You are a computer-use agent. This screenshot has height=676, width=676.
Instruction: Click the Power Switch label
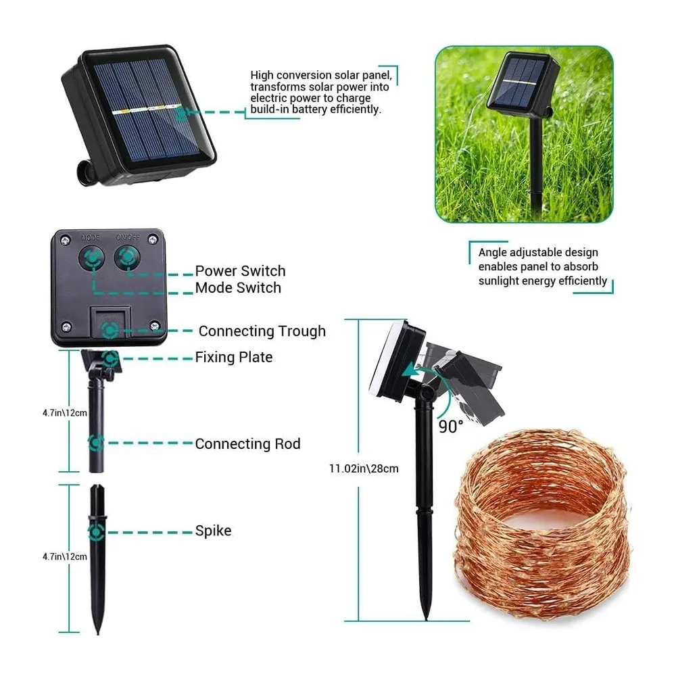coord(240,271)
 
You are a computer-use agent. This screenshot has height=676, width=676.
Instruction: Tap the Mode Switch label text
coord(238,287)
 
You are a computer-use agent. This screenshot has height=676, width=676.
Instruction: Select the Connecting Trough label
coord(262,331)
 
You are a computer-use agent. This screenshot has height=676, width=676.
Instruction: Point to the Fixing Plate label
coord(234,357)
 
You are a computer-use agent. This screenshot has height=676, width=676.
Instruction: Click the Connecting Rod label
coord(247,443)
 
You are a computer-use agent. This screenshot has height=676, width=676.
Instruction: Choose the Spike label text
coord(213,531)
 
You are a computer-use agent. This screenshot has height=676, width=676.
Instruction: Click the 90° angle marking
coord(451,427)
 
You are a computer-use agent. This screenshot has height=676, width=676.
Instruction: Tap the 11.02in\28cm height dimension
coord(364,468)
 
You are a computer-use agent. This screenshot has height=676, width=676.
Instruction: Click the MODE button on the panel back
coord(91,258)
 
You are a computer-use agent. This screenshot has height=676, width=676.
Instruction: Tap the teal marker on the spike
coord(96,533)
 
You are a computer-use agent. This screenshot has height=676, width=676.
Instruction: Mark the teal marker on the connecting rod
coord(96,443)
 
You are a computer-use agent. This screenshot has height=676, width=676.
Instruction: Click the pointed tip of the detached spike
coord(98,634)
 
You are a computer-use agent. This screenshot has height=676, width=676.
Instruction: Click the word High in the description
coord(262,76)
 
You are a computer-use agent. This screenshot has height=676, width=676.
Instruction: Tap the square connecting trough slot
coord(110,327)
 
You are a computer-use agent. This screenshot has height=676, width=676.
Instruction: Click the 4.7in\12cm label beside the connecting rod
coord(65,413)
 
